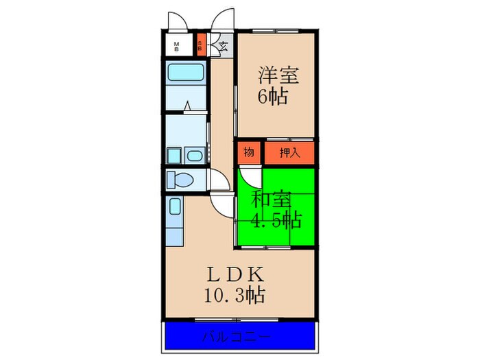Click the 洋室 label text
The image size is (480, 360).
pyautogui.click(x=273, y=74)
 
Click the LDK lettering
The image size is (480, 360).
pyautogui.click(x=235, y=274)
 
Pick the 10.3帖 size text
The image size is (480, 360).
pyautogui.click(x=235, y=296)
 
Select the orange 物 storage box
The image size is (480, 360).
pyautogui.click(x=249, y=152)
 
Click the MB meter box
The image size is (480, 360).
pyautogui.click(x=177, y=47)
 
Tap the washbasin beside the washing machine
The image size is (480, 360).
pyautogui.click(x=195, y=156)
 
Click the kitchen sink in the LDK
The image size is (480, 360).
pyautogui.click(x=174, y=206)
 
